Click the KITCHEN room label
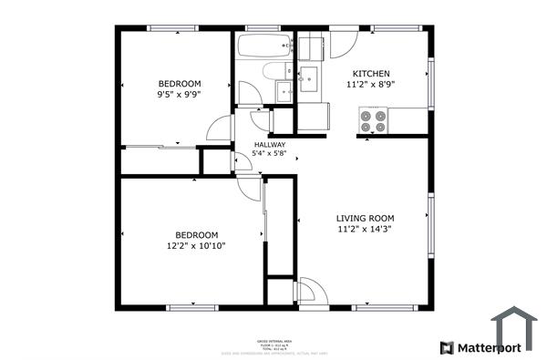pos(371,74)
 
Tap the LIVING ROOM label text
pos(365,218)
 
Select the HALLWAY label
pos(270,144)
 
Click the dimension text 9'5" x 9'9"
pos(179,93)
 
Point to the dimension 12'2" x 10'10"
pos(195,245)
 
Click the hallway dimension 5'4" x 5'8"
pos(270,154)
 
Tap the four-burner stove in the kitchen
pos(373,119)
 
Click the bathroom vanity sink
pos(284,89)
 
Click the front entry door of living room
pos(305,291)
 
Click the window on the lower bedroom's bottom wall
pos(193,306)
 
